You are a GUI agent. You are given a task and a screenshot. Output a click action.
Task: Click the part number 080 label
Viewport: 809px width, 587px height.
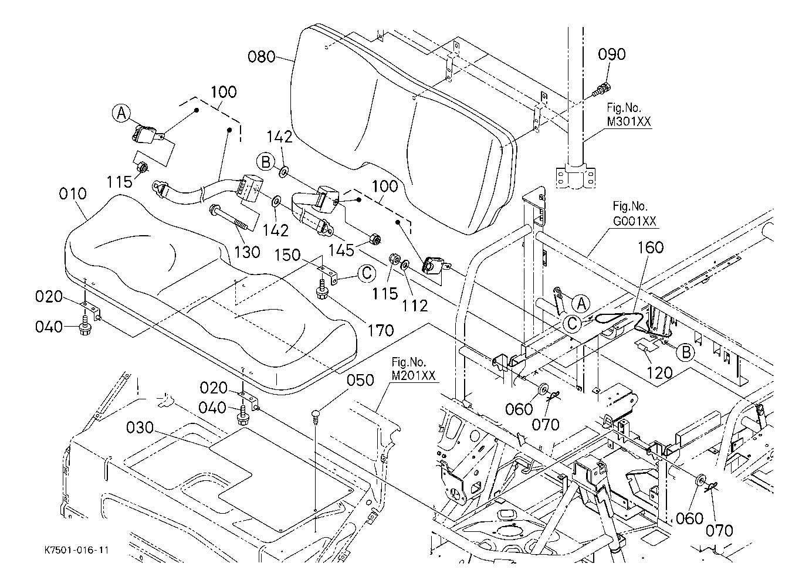tap(261, 57)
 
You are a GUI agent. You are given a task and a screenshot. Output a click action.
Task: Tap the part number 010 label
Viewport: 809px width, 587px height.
tap(73, 194)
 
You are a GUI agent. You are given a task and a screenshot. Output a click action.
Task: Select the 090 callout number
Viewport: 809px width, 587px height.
tap(612, 54)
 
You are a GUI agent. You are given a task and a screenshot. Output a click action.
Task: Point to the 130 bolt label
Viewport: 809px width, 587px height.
tap(247, 252)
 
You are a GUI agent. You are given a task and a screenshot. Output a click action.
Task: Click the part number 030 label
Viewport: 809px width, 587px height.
tap(140, 428)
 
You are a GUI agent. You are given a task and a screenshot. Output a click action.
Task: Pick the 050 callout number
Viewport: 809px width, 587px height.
tap(360, 380)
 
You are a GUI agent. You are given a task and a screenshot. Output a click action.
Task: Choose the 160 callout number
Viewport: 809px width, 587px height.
tap(650, 247)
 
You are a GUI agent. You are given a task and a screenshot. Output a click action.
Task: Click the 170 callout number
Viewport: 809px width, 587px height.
tap(380, 330)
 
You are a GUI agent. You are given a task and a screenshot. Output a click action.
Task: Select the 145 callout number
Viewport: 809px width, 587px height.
tap(341, 250)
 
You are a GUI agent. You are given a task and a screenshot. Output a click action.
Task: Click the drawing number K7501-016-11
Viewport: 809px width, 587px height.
tap(77, 551)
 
